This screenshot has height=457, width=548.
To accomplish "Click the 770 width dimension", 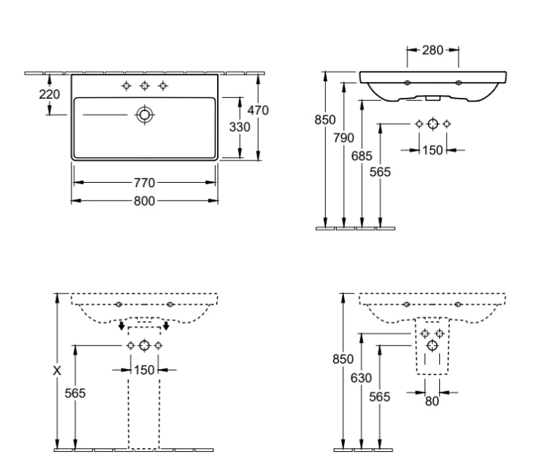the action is coord(145,183).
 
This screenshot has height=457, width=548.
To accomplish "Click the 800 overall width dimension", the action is coord(145,201).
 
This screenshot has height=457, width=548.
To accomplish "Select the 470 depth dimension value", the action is coord(258,110).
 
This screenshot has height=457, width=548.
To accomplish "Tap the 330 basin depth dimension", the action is coord(240,127).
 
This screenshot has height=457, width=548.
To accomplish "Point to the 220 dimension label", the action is coord(49,94).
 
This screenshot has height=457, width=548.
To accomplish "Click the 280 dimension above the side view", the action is coord(433,50).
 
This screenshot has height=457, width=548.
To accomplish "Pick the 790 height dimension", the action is coord(343,138).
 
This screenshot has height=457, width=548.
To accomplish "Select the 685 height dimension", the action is coord(362,156).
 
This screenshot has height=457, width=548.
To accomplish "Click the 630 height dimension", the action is coord(361,378).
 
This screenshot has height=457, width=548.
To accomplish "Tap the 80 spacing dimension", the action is coord(432,401).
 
